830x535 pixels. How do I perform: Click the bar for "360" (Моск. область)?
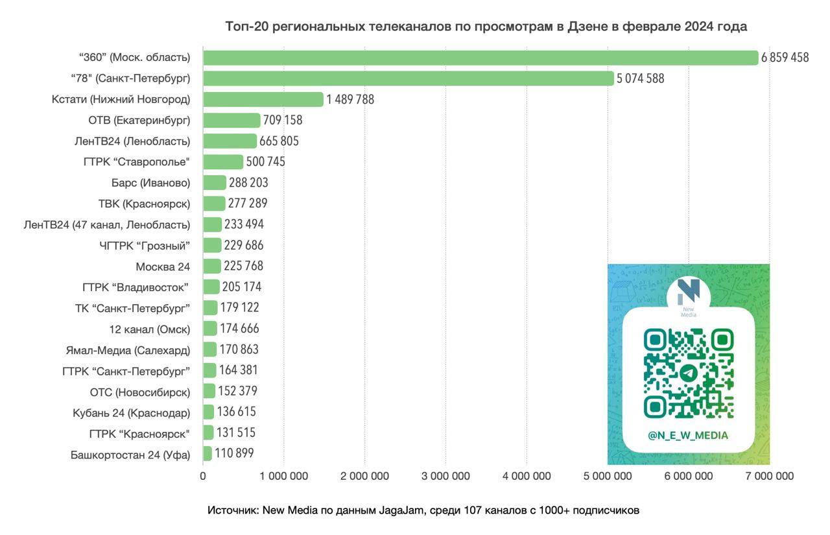point(480,58)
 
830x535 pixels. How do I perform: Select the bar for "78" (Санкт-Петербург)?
point(409,78)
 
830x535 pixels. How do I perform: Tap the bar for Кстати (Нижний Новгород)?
point(263,99)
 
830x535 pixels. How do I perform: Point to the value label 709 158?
point(283,120)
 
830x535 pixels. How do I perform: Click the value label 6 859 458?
point(785,58)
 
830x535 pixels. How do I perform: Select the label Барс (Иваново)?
point(151,183)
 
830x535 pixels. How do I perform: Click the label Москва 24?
point(163,266)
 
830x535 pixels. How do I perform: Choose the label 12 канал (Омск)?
point(150,329)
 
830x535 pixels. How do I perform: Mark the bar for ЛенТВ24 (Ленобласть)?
point(230,141)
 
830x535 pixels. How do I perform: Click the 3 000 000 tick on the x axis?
point(445,476)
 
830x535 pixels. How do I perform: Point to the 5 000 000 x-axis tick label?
point(608,476)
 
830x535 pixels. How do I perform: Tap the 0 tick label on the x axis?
point(203,476)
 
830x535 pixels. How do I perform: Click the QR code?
point(688,373)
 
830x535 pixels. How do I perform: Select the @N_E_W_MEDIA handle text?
point(688,435)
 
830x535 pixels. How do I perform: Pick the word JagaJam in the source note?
point(400,510)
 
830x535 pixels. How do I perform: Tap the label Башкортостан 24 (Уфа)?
point(130,455)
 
